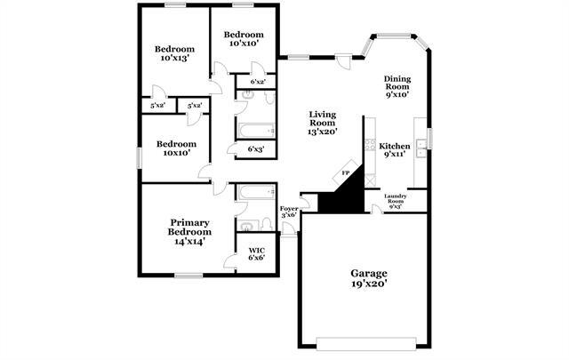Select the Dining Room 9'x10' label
click(x=397, y=85)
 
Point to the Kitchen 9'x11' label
click(x=395, y=150)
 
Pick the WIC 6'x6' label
click(x=256, y=254)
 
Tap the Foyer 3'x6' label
click(x=289, y=212)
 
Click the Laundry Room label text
click(x=395, y=200)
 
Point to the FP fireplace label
click(x=347, y=173)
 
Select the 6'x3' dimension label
click(x=256, y=149)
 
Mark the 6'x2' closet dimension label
click(x=258, y=82)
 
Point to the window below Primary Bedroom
click(x=188, y=276)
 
